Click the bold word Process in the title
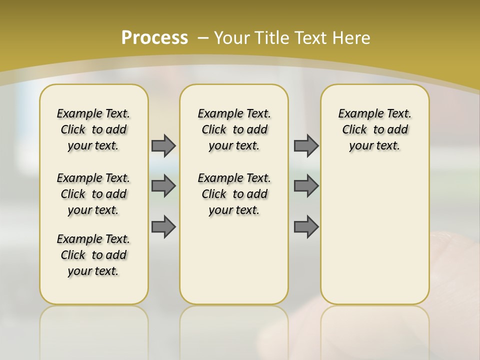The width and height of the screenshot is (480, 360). coord(154,38)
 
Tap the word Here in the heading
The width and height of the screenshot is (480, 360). coord(352,38)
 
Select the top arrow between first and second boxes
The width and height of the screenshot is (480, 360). coord(163,145)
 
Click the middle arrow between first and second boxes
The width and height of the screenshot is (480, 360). coord(163,186)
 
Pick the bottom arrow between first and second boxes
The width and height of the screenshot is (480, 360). coord(163,227)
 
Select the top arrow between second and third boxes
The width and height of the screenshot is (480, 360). coord(306,145)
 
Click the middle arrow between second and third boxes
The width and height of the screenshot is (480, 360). coord(306,186)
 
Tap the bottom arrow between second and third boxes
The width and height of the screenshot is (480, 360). coord(306,227)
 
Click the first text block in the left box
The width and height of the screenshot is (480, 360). coord(93,129)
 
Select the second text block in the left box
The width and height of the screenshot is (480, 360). coord(93,194)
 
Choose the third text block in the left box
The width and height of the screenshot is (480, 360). coord(93,255)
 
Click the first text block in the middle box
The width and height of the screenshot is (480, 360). coord(234,129)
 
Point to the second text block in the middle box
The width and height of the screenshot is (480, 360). coord(234,194)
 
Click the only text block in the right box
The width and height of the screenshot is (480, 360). coord(374,129)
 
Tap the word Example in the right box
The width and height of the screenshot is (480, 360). coord(356,114)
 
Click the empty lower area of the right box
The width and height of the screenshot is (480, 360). coord(374,235)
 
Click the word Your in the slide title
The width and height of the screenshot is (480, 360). coord(231,38)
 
